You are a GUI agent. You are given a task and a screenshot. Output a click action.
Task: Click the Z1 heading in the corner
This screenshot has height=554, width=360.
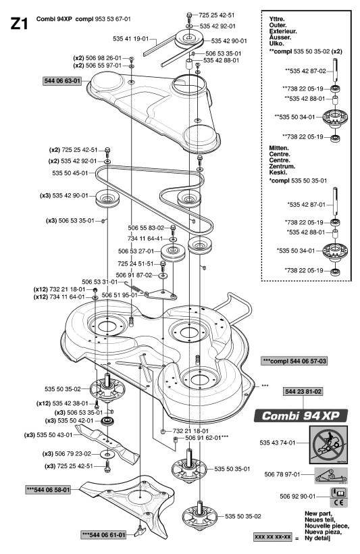pyautogui.click(x=19, y=24)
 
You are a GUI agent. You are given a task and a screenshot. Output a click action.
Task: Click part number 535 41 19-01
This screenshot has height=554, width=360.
pyautogui.click(x=131, y=39)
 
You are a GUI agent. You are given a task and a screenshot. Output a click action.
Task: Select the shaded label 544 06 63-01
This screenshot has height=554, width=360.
pyautogui.click(x=62, y=81)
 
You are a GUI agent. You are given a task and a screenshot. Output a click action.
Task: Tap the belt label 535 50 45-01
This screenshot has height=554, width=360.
pyautogui.click(x=70, y=173)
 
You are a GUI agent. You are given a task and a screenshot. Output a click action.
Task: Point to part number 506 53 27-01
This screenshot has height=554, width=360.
pyautogui.click(x=136, y=251)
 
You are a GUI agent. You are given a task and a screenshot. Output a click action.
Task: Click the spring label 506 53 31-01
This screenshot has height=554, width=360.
pyautogui.click(x=100, y=282)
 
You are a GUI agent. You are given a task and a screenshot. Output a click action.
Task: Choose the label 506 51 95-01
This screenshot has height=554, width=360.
pyautogui.click(x=120, y=295)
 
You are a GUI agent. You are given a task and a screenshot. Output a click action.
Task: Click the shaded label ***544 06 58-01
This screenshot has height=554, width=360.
pyautogui.click(x=49, y=490)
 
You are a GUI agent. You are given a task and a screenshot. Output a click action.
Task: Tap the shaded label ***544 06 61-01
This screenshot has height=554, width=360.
pyautogui.click(x=103, y=535)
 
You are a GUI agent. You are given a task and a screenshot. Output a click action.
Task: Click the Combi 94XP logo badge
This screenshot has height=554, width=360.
pyautogui.click(x=301, y=415)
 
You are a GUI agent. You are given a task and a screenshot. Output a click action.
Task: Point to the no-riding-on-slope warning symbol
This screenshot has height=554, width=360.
pyautogui.click(x=328, y=445)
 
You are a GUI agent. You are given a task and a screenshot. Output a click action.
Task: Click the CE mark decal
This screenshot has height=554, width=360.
pyautogui.click(x=338, y=497)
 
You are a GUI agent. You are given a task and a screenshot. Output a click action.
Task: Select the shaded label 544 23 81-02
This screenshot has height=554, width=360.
pyautogui.click(x=303, y=391)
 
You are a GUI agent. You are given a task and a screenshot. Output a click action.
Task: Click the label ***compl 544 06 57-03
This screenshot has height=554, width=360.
pyautogui.click(x=294, y=361)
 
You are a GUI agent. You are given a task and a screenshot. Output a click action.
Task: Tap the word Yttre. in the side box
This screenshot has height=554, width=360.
pyautogui.click(x=277, y=19)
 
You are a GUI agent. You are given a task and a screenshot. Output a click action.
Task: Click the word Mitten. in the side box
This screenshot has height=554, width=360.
pyautogui.click(x=279, y=148)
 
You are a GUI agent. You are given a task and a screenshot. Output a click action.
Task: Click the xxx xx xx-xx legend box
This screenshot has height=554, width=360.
pyautogui.click(x=273, y=537)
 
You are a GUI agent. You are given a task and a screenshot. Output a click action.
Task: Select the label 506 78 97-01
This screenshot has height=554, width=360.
pyautogui.click(x=282, y=474)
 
